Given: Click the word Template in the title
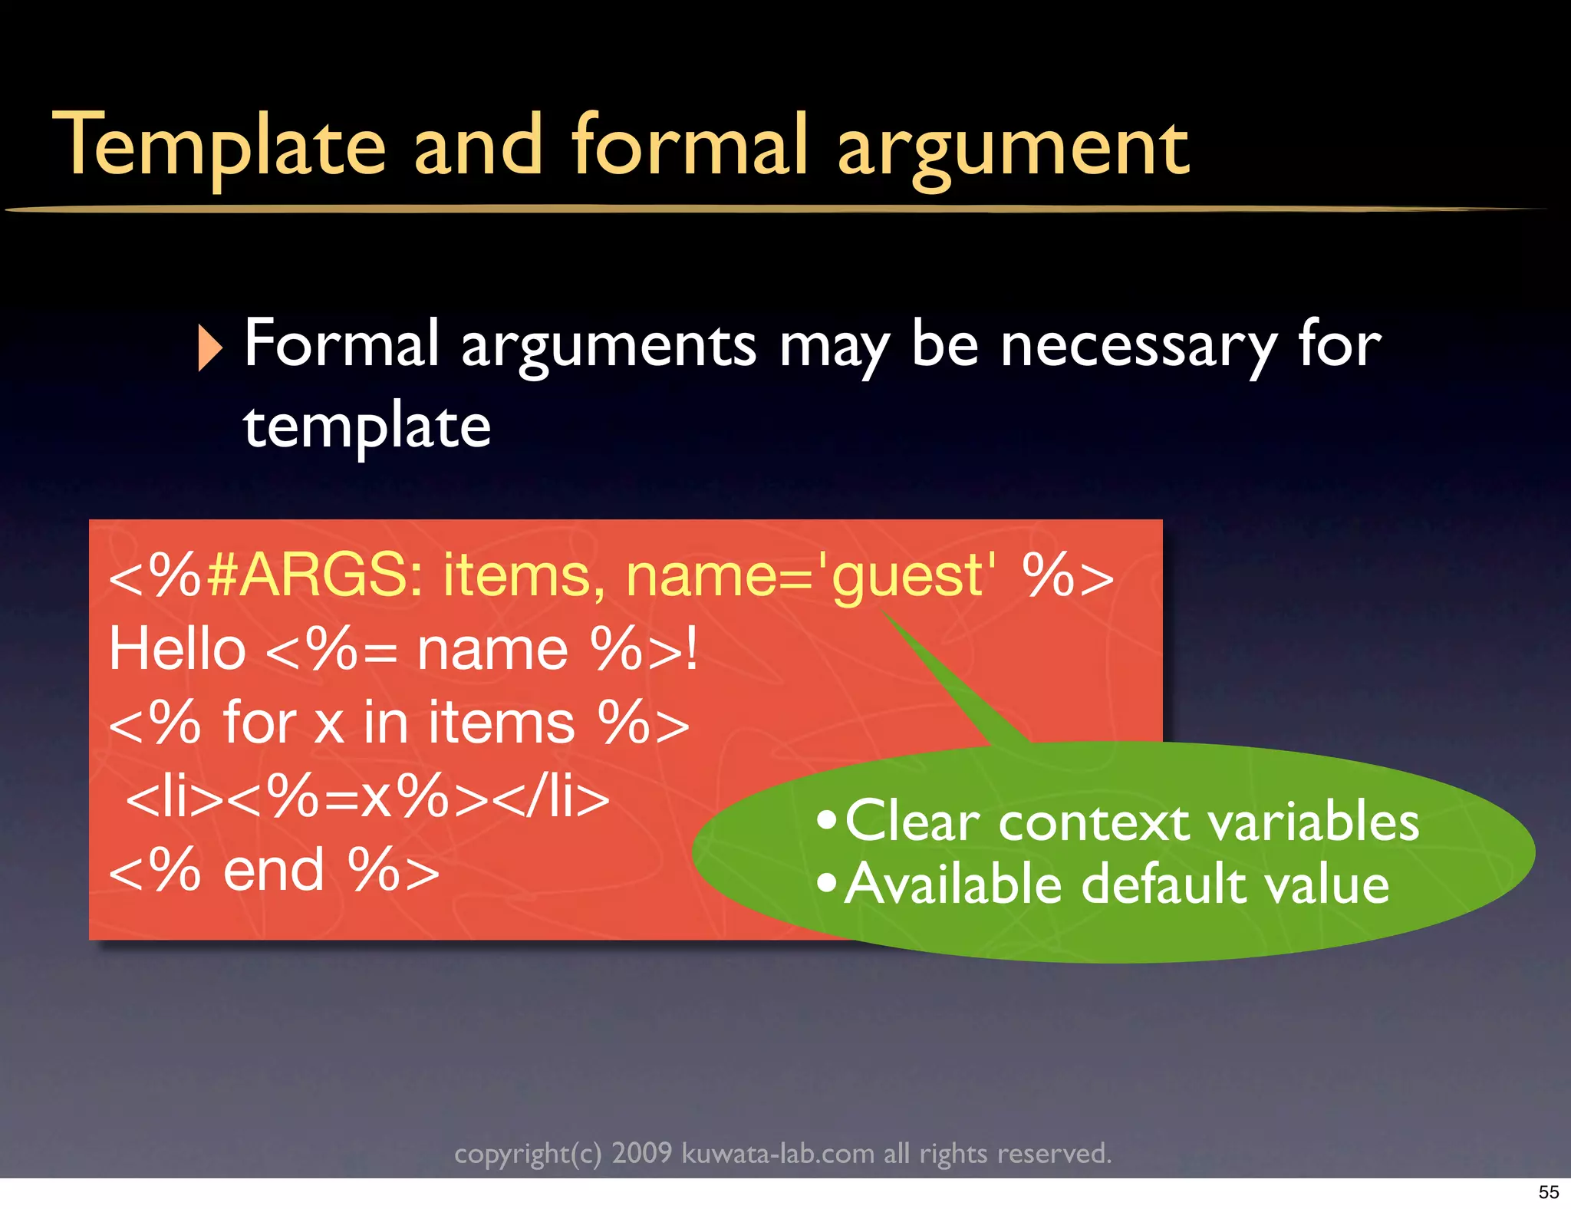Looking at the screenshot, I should pos(219,146).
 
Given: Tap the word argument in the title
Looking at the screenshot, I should pos(1013,150).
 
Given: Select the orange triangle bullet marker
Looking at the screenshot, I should pos(209,348).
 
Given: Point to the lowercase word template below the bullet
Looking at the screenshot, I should pos(367,427).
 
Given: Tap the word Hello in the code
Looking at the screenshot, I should pos(177,649).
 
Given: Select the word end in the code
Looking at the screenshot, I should pos(274,871).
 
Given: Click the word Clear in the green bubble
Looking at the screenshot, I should pos(912,822).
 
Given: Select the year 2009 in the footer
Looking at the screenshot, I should pos(641,1153).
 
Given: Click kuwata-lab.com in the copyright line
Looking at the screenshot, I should pos(778,1153).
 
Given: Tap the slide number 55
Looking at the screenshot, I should pos(1549,1192).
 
